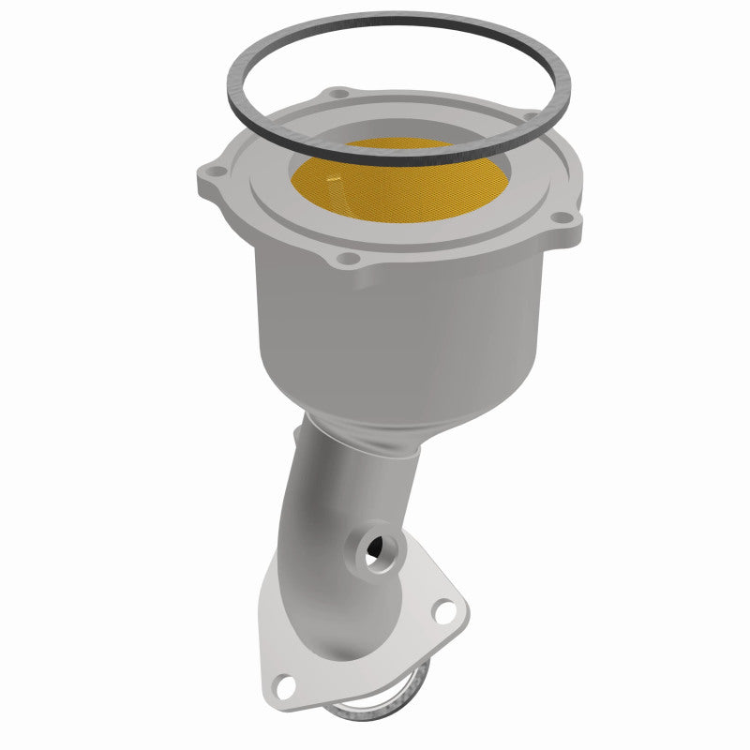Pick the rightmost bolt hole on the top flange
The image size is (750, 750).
[x=562, y=217]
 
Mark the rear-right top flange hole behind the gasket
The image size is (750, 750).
[x=530, y=117]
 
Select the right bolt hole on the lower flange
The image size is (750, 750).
[x=444, y=611]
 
